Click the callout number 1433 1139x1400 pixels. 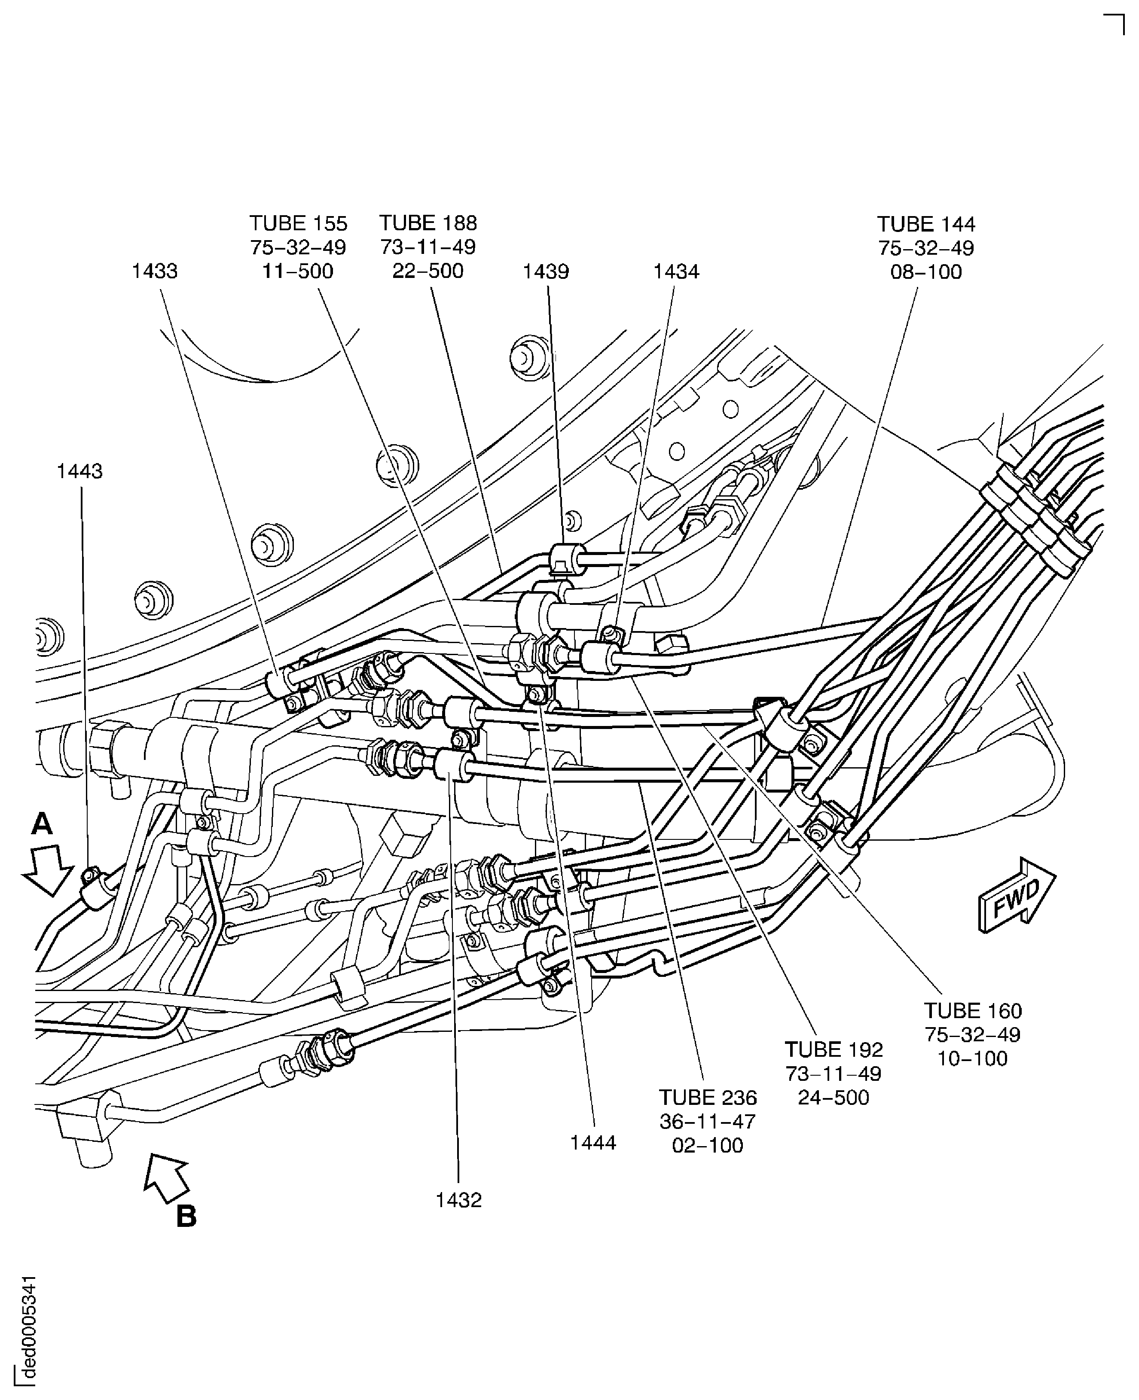pyautogui.click(x=155, y=271)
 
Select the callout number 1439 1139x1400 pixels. pyautogui.click(x=546, y=271)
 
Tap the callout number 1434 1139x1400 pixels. pyautogui.click(x=676, y=271)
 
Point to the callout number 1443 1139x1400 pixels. pyautogui.click(x=79, y=471)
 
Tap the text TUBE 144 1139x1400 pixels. pyautogui.click(x=926, y=224)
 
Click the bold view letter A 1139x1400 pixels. pyautogui.click(x=42, y=824)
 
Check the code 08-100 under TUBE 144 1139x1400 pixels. pyautogui.click(x=926, y=271)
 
